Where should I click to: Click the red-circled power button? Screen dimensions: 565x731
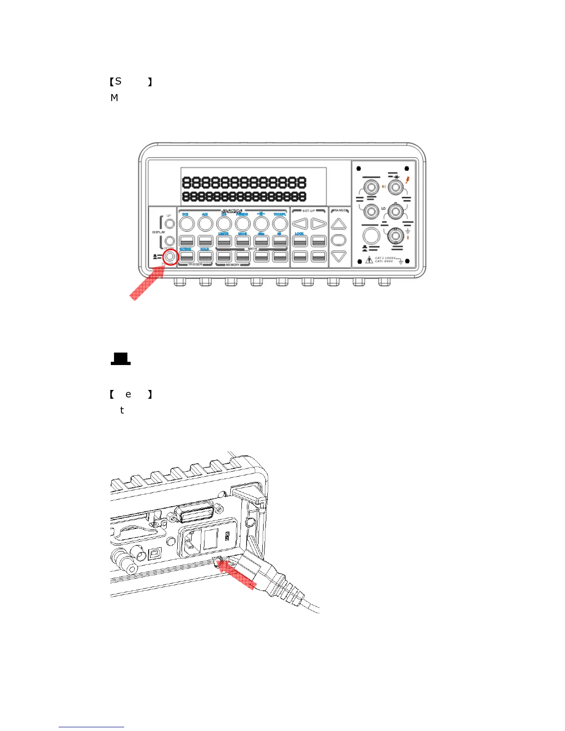[x=170, y=257]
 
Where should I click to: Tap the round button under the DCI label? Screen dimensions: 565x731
[x=186, y=224]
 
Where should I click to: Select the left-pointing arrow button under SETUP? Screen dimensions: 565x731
[x=300, y=224]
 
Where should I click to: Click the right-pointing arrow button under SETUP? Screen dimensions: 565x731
[x=319, y=224]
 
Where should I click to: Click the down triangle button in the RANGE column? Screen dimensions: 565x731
[x=339, y=256]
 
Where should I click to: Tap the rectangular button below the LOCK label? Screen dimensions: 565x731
[x=300, y=241]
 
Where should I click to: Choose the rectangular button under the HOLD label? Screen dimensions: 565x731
[x=205, y=257]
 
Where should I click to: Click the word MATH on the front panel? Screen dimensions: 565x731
[x=252, y=249]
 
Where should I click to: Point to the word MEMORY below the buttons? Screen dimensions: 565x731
[x=233, y=265]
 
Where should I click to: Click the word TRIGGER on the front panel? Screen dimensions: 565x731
[x=195, y=264]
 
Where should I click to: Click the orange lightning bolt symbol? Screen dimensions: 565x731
[x=408, y=180]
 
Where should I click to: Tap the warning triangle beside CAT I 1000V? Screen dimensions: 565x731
[x=369, y=260]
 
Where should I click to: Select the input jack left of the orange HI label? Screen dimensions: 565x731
[x=371, y=187]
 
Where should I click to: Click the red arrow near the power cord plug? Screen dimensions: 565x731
[x=237, y=575]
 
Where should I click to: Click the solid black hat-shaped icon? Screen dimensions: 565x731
[x=120, y=359]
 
